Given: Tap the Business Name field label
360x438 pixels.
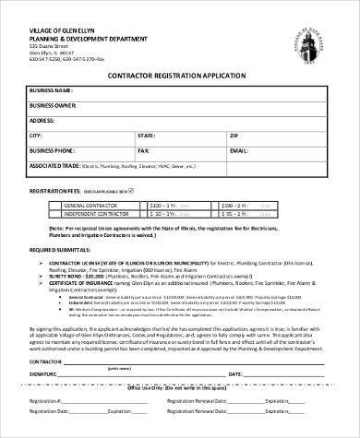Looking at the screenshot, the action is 51,90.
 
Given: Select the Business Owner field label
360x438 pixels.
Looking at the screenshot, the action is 54,105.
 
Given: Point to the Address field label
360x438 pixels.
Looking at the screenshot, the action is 42,120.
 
